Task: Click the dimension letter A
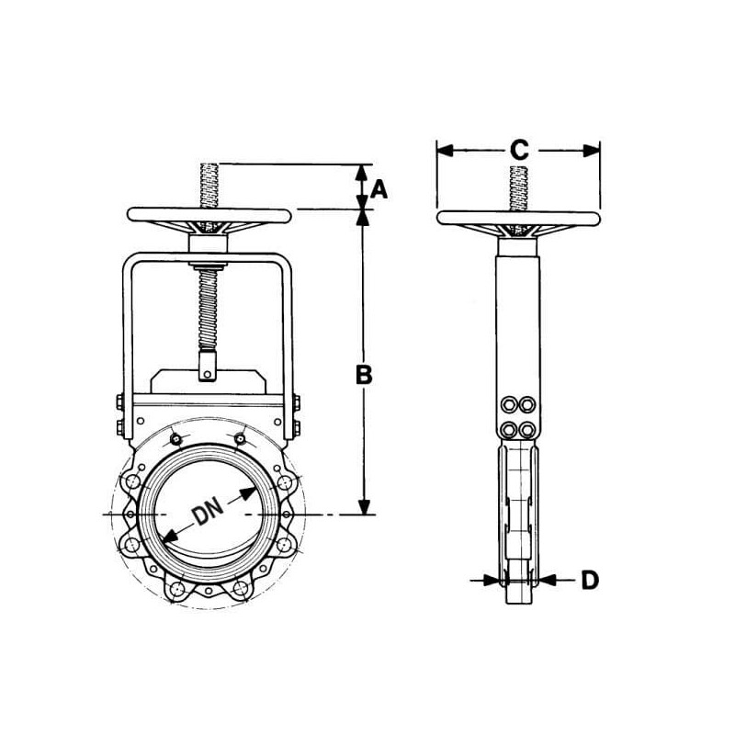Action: [x=379, y=190]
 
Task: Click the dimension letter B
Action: [x=364, y=375]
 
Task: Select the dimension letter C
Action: [x=519, y=150]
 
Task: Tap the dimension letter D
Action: [x=590, y=581]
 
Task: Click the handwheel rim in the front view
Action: [x=209, y=215]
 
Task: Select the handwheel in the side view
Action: [x=518, y=219]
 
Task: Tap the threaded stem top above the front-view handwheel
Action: [x=209, y=186]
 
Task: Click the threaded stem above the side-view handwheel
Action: [x=518, y=188]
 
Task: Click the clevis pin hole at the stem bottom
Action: [x=207, y=374]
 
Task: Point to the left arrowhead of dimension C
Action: [x=445, y=151]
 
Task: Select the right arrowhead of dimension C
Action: [x=592, y=151]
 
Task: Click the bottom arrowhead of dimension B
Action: [x=364, y=507]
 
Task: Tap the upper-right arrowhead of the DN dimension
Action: [x=248, y=493]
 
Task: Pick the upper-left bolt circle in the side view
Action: [x=509, y=404]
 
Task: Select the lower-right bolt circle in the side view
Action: [x=527, y=429]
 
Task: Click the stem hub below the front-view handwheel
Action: [x=209, y=243]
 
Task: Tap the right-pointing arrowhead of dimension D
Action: [x=490, y=581]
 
